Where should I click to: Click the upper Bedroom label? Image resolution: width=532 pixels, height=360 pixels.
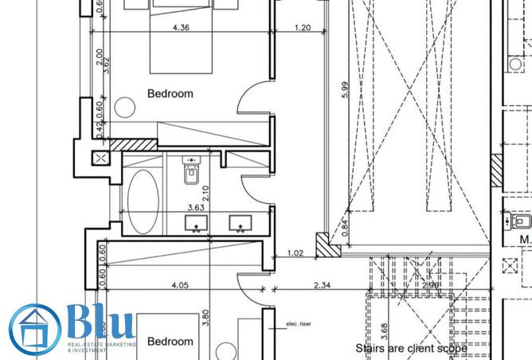(x=170, y=94)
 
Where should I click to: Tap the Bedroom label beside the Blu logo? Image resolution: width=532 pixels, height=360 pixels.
(x=170, y=342)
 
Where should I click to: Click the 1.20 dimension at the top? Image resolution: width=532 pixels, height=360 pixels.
(x=302, y=29)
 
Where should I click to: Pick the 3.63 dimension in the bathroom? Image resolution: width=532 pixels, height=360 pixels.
(x=196, y=209)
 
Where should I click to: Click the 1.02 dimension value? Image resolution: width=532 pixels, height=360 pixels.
(x=295, y=255)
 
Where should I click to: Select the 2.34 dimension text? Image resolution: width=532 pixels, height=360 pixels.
(x=323, y=284)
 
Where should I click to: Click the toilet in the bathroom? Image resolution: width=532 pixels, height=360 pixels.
(x=190, y=172)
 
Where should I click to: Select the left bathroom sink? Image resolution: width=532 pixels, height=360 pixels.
(x=196, y=223)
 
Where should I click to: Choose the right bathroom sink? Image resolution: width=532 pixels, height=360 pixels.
(x=238, y=223)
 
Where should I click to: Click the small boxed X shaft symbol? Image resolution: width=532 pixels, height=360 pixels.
(x=101, y=158)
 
